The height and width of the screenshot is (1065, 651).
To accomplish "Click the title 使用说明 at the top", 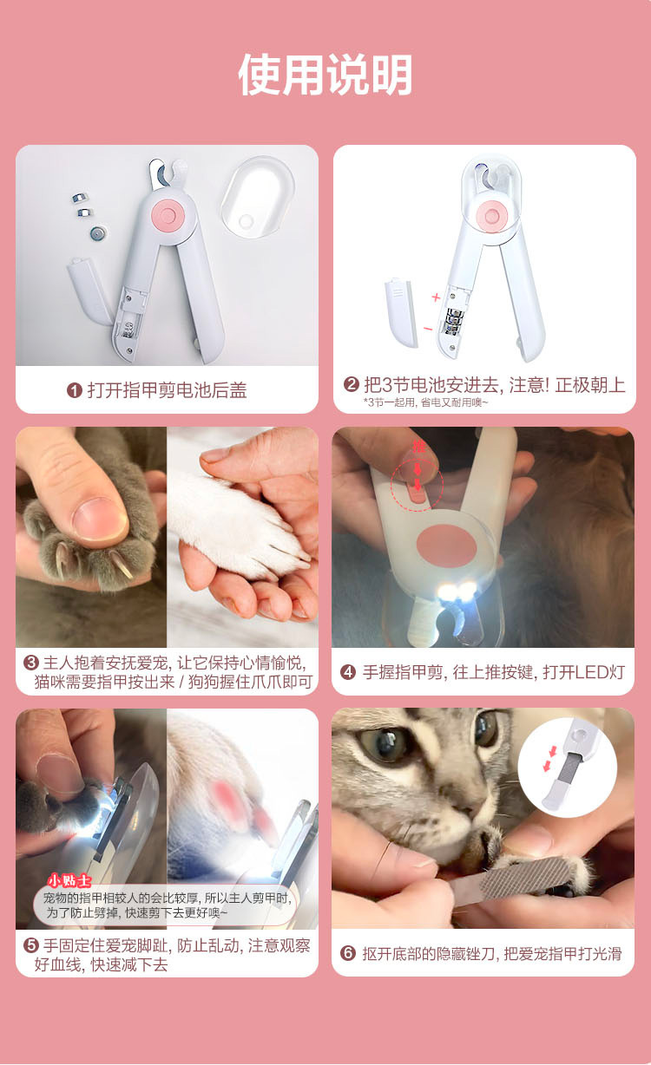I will (325, 75).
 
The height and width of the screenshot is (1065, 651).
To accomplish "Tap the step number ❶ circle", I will (75, 390).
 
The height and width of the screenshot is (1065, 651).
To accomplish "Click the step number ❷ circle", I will (352, 385).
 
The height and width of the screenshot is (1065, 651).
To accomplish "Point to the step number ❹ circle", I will (348, 672).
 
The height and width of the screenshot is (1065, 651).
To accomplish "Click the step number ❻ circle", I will (348, 953).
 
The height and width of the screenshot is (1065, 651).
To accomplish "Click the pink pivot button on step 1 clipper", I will (165, 213).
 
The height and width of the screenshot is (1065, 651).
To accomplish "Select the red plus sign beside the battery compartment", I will (436, 297).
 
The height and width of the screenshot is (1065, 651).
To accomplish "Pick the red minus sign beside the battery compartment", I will (427, 329).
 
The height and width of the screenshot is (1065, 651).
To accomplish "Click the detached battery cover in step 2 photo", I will (400, 311).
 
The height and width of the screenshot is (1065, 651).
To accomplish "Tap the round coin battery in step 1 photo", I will (97, 232).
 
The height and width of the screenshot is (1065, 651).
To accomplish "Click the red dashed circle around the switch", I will (417, 486).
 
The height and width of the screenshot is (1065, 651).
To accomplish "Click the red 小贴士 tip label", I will (69, 880).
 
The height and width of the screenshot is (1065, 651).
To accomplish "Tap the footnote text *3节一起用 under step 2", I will (425, 402).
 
